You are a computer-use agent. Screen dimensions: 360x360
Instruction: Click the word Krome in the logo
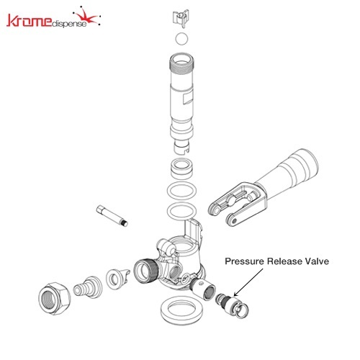pos(30,20)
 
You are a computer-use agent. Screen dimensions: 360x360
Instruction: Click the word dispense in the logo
pos(69,24)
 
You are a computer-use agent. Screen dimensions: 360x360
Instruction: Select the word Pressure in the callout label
pos(245,261)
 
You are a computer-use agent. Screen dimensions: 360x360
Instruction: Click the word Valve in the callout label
pos(317,261)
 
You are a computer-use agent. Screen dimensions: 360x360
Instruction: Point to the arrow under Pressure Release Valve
pos(248,282)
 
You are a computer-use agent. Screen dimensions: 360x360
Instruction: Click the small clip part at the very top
pos(181,19)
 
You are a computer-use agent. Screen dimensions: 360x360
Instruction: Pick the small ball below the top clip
pos(181,39)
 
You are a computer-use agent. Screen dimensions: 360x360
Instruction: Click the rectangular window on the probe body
pos(188,99)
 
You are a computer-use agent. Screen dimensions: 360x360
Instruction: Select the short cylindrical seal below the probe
pos(181,168)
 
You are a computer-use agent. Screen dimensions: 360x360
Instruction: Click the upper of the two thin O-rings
pos(181,191)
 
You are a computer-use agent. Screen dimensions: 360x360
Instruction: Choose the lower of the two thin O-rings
pos(181,211)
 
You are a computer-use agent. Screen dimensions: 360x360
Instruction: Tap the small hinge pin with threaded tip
pos(112,216)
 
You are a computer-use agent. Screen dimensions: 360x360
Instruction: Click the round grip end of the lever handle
pos(303,166)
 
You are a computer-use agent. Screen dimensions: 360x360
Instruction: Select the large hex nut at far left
pos(55,299)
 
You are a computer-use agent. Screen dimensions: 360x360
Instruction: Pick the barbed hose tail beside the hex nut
pos(88,287)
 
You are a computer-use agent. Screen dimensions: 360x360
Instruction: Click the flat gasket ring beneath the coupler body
pos(181,310)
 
